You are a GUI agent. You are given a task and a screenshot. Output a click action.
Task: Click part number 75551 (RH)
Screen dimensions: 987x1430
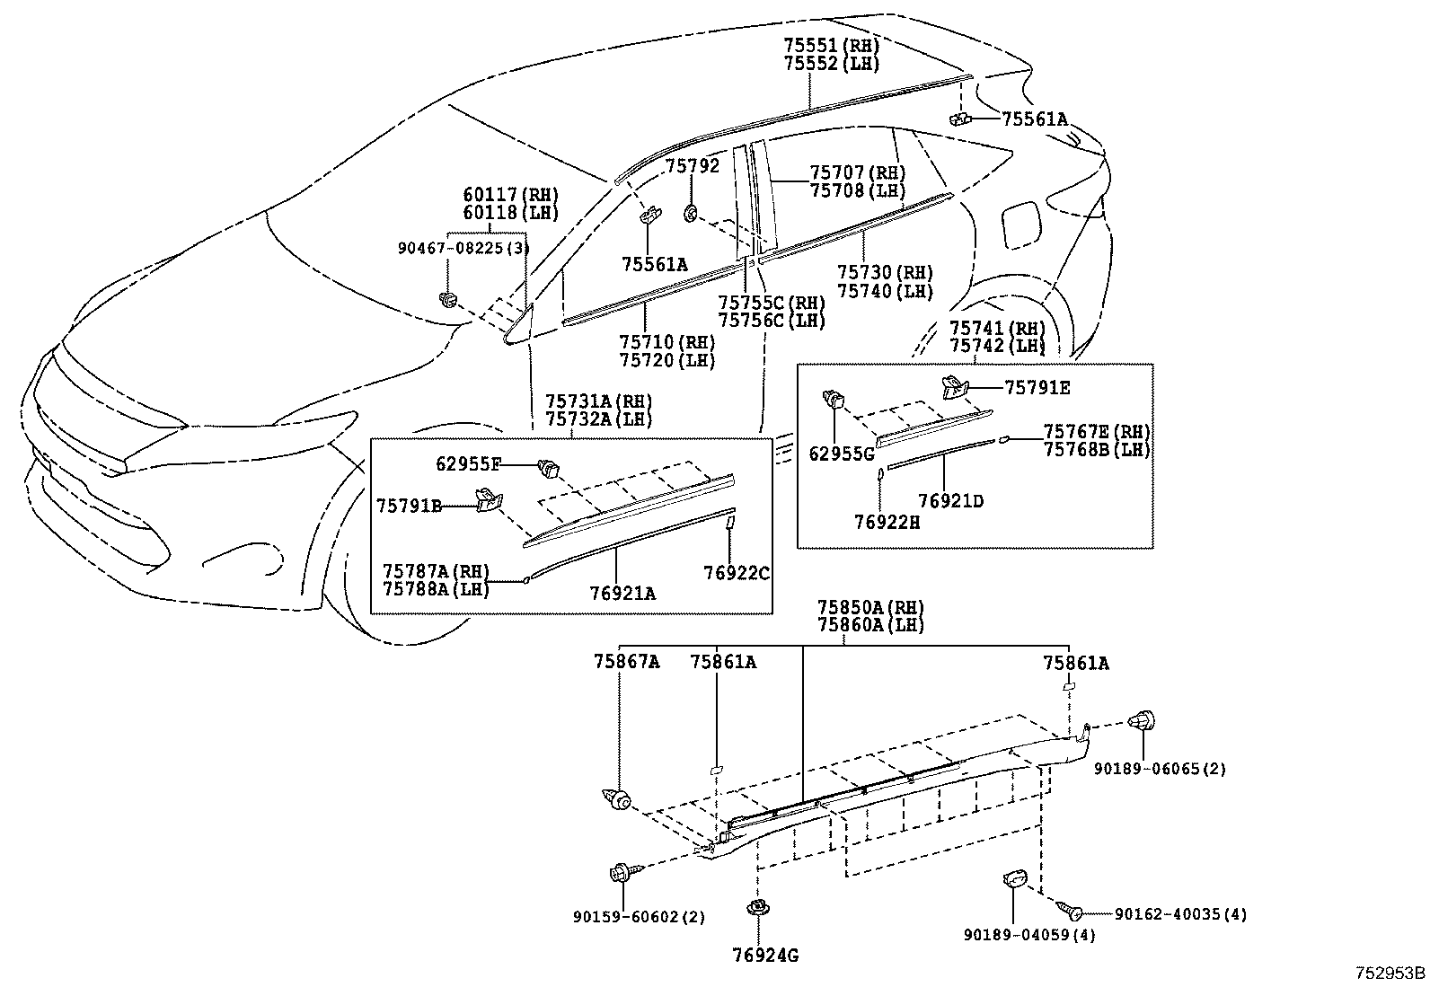(830, 45)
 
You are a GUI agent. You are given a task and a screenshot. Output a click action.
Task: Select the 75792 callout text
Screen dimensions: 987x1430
(692, 166)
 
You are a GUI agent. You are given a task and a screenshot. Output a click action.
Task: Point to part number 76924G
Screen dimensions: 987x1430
(764, 956)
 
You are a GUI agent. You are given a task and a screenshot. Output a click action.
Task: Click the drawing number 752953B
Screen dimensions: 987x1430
(1390, 973)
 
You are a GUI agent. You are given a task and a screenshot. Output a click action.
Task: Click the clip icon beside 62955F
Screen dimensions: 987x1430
(546, 466)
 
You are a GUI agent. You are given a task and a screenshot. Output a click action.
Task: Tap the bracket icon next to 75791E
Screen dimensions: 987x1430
(955, 388)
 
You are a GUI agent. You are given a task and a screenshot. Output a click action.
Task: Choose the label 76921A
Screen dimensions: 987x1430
(622, 593)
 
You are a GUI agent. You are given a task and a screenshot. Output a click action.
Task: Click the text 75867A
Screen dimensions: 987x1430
(626, 663)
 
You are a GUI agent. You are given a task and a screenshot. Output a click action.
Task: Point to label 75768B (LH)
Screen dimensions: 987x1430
(1096, 450)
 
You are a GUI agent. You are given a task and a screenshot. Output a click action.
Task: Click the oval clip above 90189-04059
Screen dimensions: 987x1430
(1013, 880)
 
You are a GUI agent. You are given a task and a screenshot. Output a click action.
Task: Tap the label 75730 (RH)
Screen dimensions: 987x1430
(885, 273)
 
